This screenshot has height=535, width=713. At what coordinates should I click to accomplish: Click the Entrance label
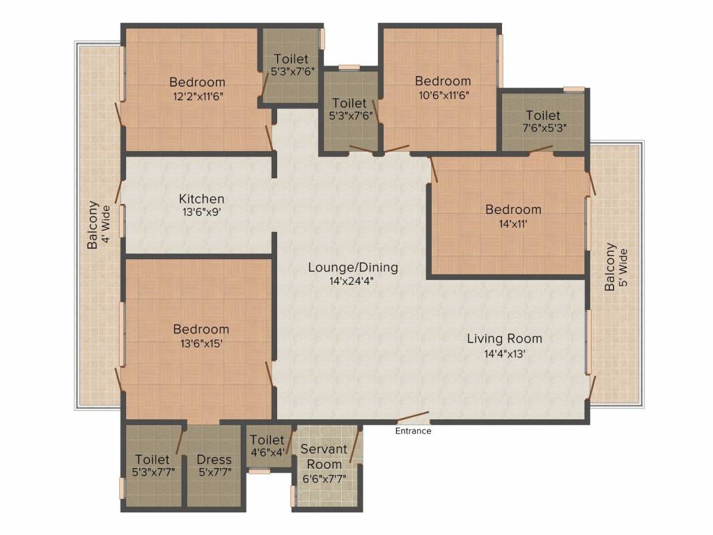pyautogui.click(x=413, y=431)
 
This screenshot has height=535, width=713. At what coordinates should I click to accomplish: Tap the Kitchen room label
pyautogui.click(x=201, y=199)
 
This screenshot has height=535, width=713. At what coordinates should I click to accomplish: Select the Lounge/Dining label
pyautogui.click(x=353, y=267)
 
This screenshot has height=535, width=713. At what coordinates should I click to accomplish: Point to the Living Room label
pyautogui.click(x=504, y=339)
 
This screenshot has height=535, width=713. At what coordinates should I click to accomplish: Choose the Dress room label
pyautogui.click(x=214, y=460)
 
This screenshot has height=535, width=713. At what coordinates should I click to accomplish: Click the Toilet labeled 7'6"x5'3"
pyautogui.click(x=543, y=122)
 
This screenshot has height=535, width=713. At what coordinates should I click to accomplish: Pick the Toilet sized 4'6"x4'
pyautogui.click(x=267, y=446)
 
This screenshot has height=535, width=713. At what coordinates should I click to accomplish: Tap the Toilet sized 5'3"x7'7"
pyautogui.click(x=152, y=466)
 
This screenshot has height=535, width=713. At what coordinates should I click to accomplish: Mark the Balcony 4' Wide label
pyautogui.click(x=98, y=226)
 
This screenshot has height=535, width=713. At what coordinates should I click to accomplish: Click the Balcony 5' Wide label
pyautogui.click(x=616, y=267)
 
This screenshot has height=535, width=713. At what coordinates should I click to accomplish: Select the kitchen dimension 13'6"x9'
pyautogui.click(x=201, y=212)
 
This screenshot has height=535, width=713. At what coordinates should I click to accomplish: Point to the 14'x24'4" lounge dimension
pyautogui.click(x=353, y=281)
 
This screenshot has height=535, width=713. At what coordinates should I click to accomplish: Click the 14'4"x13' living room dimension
pyautogui.click(x=504, y=353)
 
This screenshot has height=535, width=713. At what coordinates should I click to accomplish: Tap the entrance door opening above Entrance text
pyautogui.click(x=413, y=421)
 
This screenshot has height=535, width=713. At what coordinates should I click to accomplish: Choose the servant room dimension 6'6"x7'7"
pyautogui.click(x=324, y=479)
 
